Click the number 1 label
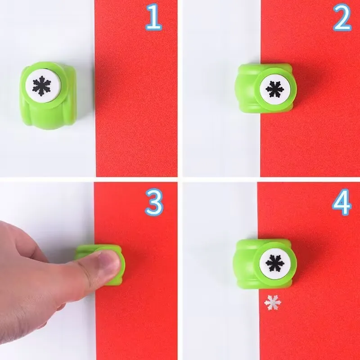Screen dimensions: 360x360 [153, 18]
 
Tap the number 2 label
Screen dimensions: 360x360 [342, 18]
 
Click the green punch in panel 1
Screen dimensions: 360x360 [47, 95]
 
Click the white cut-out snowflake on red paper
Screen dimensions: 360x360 [273, 302]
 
